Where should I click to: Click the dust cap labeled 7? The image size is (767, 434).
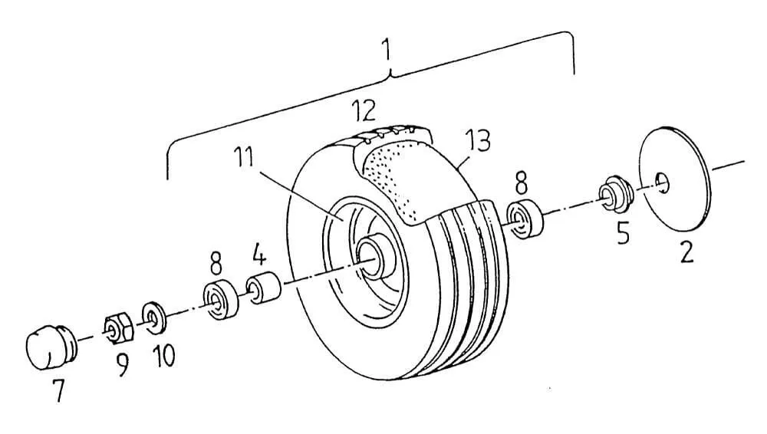(51, 346)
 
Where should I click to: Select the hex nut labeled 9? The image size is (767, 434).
(118, 328)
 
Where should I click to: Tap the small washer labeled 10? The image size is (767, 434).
(153, 318)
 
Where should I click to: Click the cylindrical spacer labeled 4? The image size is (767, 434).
(264, 288)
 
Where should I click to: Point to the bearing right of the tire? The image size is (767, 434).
(525, 219)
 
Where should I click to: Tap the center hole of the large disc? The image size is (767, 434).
(663, 182)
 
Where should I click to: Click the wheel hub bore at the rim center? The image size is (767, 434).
(372, 255)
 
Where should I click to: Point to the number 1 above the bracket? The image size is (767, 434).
(387, 51)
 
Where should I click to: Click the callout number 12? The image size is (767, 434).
(364, 110)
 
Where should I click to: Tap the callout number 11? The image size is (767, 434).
(243, 157)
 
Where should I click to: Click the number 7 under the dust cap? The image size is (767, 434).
(59, 390)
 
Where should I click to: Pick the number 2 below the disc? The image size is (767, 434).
(686, 252)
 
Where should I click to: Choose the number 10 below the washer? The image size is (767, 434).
(163, 356)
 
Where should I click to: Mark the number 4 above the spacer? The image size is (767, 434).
(260, 255)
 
